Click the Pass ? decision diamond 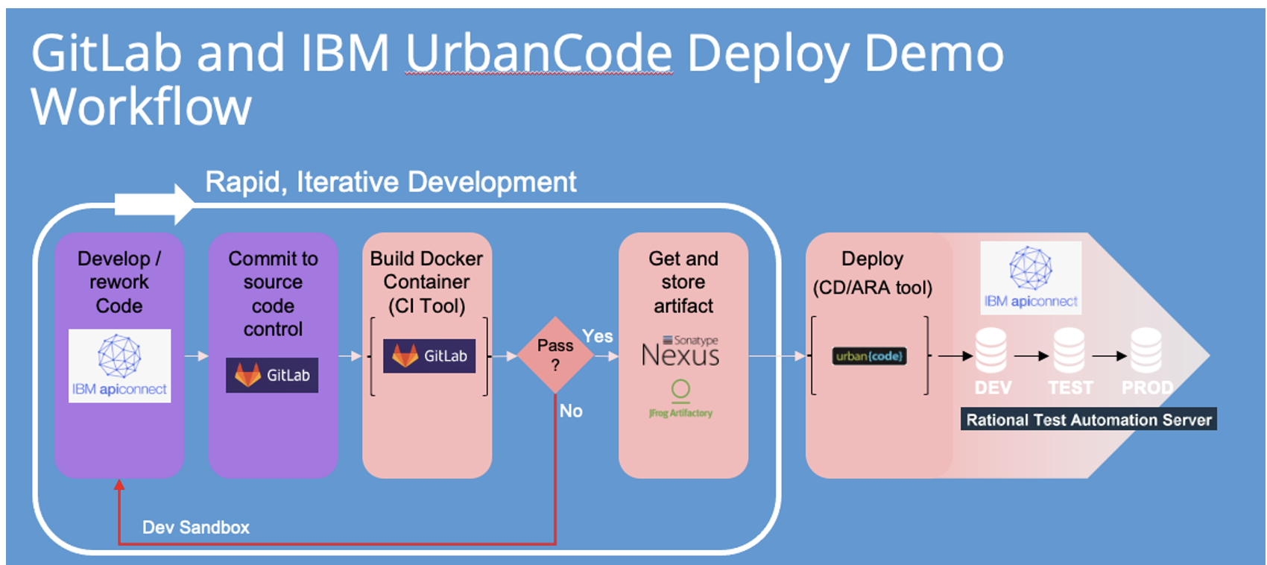(x=555, y=356)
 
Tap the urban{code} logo (x=869, y=356)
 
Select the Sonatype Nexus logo (x=680, y=352)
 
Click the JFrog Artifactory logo (x=680, y=400)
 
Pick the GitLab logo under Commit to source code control (x=272, y=375)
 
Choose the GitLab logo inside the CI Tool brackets (x=429, y=356)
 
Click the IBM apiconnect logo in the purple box (x=119, y=366)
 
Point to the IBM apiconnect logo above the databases (x=1031, y=277)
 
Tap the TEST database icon (x=1069, y=350)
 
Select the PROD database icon (x=1146, y=350)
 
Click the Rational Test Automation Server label (x=1088, y=420)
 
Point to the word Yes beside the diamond (x=598, y=336)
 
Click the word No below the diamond (x=571, y=411)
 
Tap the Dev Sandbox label (x=196, y=528)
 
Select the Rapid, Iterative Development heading (x=391, y=182)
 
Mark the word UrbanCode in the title (x=539, y=54)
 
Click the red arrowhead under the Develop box (x=119, y=485)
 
